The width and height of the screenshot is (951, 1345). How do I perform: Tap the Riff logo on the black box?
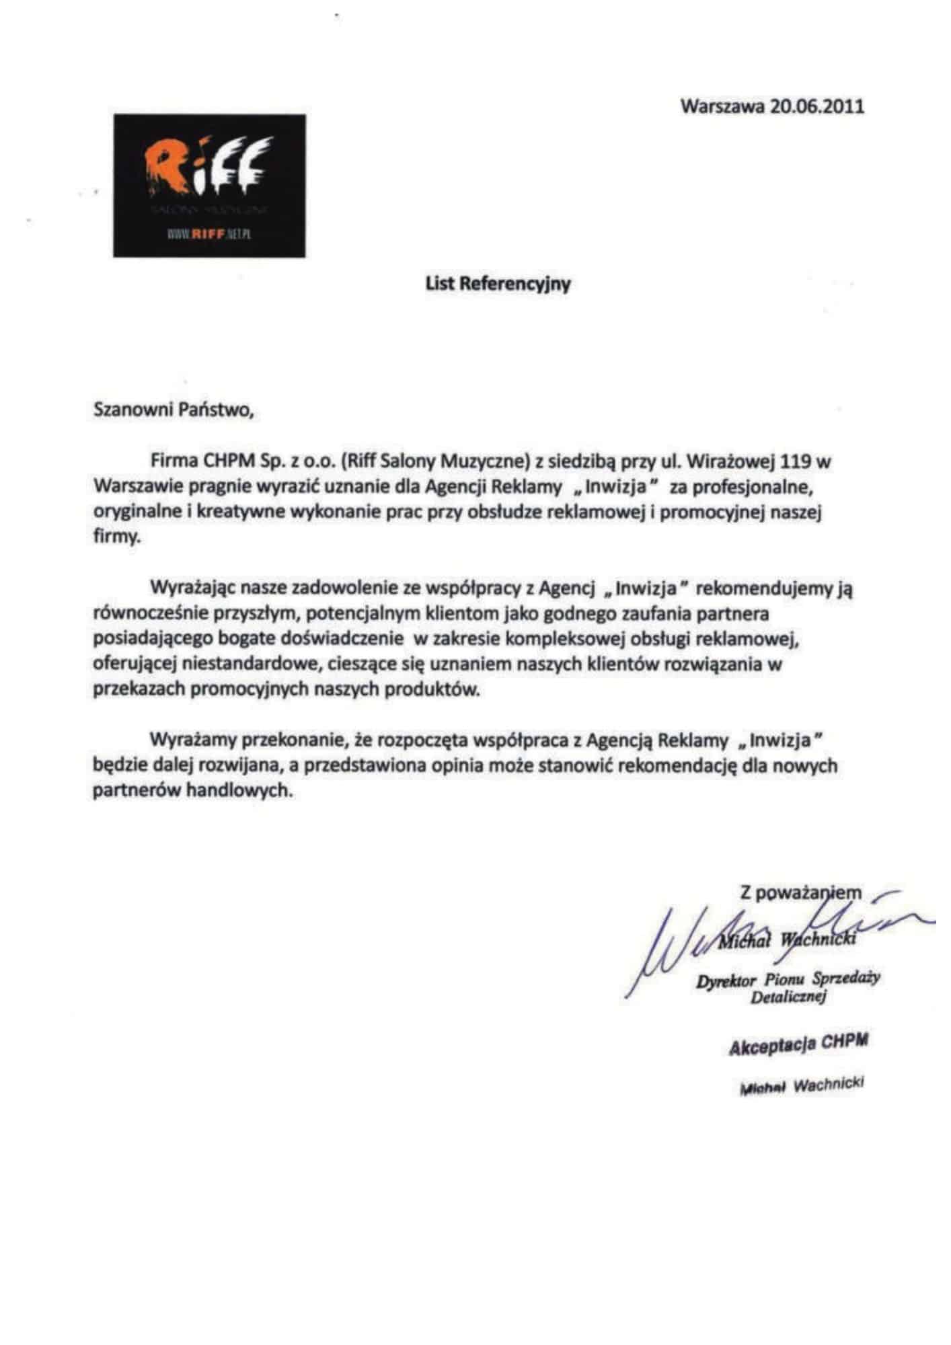click(209, 169)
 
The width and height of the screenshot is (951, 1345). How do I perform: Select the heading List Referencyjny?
click(498, 283)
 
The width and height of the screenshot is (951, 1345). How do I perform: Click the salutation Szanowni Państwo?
click(174, 410)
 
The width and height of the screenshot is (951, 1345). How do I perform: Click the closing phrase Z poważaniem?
click(800, 893)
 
